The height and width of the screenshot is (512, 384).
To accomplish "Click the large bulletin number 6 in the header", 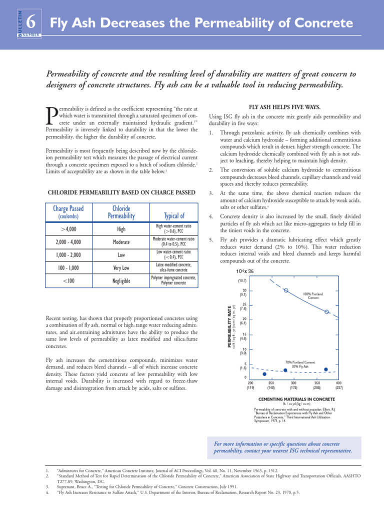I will tap(30, 22).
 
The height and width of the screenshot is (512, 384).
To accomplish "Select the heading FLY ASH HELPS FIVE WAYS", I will tap(284, 107).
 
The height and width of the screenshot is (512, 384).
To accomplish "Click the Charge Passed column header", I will tap(68, 208).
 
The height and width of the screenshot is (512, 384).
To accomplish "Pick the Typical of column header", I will tap(174, 215).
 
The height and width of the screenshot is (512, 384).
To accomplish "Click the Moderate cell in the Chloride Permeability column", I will tap(121, 242).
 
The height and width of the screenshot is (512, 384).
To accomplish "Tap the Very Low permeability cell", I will tap(121, 267).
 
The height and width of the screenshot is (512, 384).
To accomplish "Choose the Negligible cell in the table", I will tap(121, 281).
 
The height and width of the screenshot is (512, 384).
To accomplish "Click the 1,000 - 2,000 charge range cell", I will tap(68, 254).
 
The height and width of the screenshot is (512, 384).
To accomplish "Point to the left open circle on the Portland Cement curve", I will tap(286, 290).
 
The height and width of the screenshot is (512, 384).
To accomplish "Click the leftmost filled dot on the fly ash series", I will tap(264, 373).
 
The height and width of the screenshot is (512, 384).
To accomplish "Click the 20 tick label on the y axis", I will tap(244, 318).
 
